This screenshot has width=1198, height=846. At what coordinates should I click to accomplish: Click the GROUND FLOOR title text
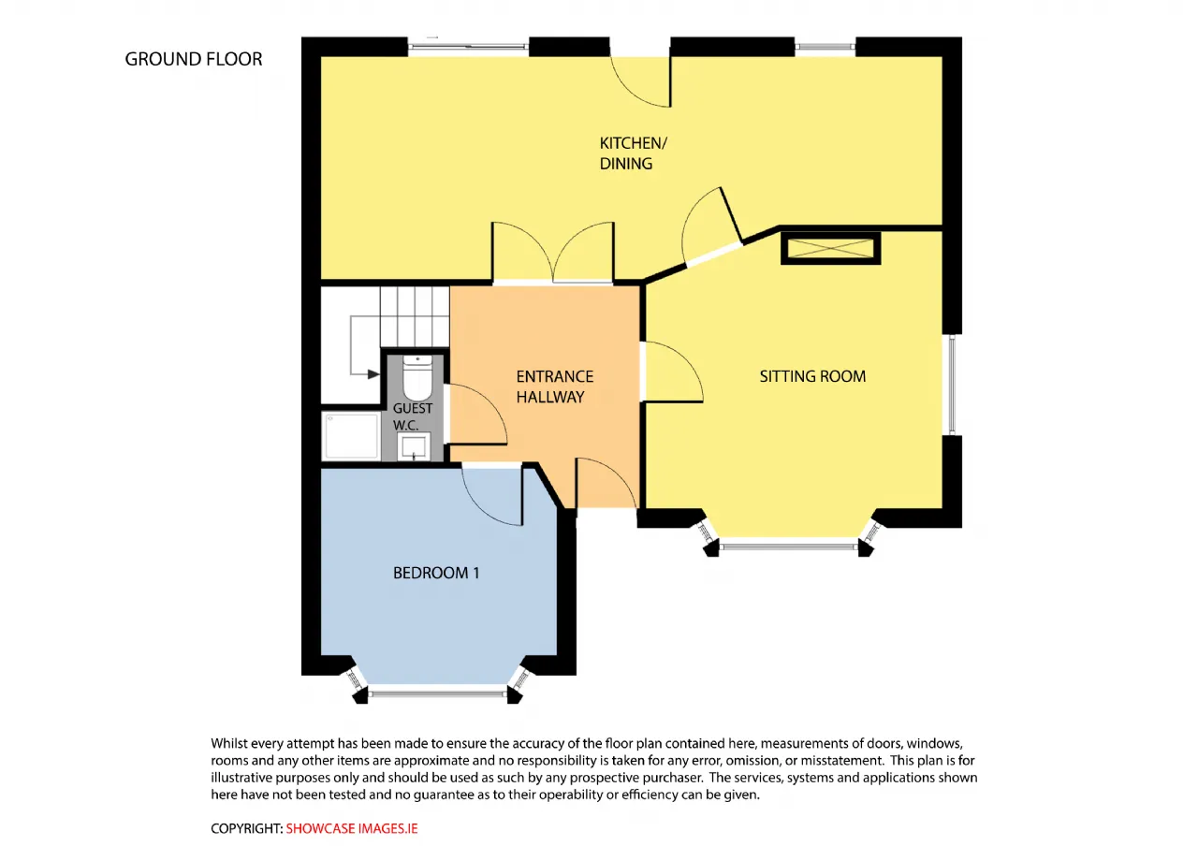pyautogui.click(x=194, y=59)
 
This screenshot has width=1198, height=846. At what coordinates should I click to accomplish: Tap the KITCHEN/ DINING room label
pyautogui.click(x=634, y=153)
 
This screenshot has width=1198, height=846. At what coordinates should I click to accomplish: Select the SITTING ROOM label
pyautogui.click(x=812, y=376)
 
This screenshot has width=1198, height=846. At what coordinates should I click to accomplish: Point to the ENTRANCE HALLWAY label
pyautogui.click(x=555, y=387)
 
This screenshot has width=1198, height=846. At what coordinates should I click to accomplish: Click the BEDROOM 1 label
pyautogui.click(x=436, y=573)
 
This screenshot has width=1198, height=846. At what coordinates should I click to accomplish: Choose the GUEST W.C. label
pyautogui.click(x=413, y=416)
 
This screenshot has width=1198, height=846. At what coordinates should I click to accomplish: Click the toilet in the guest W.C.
pyautogui.click(x=417, y=377)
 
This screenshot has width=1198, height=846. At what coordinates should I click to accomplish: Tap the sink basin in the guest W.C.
pyautogui.click(x=414, y=446)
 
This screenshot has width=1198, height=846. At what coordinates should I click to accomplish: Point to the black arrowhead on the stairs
pyautogui.click(x=373, y=374)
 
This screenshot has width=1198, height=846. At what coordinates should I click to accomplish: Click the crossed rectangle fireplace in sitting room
pyautogui.click(x=830, y=248)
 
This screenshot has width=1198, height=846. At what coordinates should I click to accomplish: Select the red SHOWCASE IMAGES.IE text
pyautogui.click(x=351, y=828)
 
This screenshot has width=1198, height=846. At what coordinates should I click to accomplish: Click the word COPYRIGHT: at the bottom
pyautogui.click(x=246, y=828)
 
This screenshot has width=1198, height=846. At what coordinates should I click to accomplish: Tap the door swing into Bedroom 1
pyautogui.click(x=492, y=495)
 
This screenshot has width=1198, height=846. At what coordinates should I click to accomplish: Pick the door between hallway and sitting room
pyautogui.click(x=672, y=372)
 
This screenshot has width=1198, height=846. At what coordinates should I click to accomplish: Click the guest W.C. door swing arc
pyautogui.click(x=476, y=415)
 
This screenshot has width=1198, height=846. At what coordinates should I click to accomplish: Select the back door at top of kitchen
pyautogui.click(x=640, y=81)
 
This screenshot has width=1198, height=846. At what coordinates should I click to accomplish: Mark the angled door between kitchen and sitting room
pyautogui.click(x=712, y=226)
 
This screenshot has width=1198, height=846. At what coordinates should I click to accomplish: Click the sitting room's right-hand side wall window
pyautogui.click(x=952, y=385)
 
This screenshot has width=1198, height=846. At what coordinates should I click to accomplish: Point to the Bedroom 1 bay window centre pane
pyautogui.click(x=437, y=694)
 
